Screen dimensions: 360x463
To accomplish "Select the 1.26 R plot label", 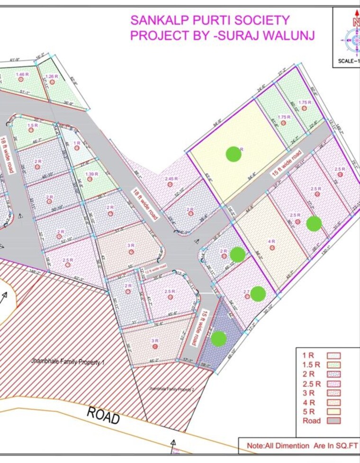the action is coord(52,76).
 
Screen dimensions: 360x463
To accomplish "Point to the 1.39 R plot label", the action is coord(91,174).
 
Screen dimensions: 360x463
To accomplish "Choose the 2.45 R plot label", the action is coord(171,179).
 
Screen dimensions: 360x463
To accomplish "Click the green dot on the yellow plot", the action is coord(233,154).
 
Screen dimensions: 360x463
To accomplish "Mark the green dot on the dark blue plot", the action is coord(218,338).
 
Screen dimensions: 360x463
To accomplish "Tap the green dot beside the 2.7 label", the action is coord(258,294).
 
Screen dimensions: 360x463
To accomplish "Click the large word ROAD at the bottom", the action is coord(103,415).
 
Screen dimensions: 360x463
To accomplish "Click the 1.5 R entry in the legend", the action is coord(312,364).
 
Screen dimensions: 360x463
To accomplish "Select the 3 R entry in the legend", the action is coord(309,392).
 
